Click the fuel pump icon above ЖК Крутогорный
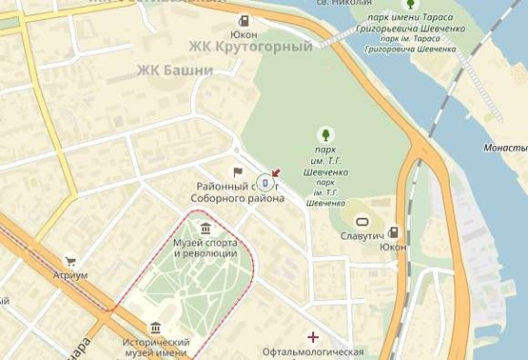click(x=244, y=20)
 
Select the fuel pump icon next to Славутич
click(x=393, y=232)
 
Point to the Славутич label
click(x=362, y=235)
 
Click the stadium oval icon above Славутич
click(x=362, y=221)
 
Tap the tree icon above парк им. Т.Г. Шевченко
click(x=326, y=134)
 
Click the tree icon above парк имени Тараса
click(x=411, y=4)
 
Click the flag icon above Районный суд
click(x=238, y=172)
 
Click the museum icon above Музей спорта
click(x=205, y=228)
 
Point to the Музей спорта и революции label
click(x=205, y=248)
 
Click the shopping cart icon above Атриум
click(x=70, y=261)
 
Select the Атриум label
click(x=70, y=275)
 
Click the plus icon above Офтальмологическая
click(x=313, y=336)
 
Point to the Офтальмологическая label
click(x=313, y=352)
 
